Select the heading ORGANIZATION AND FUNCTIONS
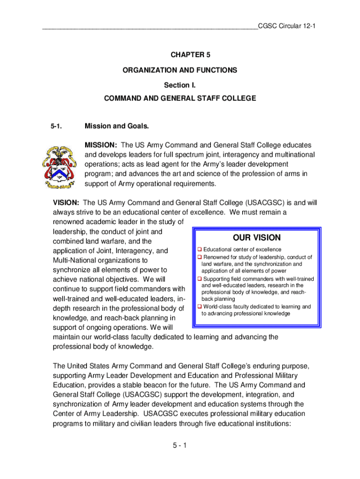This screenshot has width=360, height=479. click(x=180, y=70)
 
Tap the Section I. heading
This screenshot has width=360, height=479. click(x=180, y=85)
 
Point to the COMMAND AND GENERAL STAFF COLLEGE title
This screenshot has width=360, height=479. click(x=180, y=99)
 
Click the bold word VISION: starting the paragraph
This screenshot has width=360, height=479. click(x=66, y=203)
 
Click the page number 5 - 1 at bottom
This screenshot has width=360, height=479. click(x=179, y=445)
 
